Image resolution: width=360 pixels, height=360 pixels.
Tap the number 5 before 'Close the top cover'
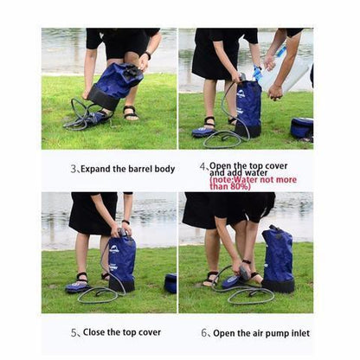coord(74,332)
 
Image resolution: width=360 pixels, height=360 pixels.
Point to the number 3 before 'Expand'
coord(74,169)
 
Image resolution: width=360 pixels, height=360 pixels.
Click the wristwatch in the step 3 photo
coord(147,55)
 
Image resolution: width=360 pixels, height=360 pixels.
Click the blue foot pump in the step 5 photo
coord(77,286)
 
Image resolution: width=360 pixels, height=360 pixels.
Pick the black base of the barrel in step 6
coord(278,285)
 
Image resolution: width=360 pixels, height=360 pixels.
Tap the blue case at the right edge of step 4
coord(302,126)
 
